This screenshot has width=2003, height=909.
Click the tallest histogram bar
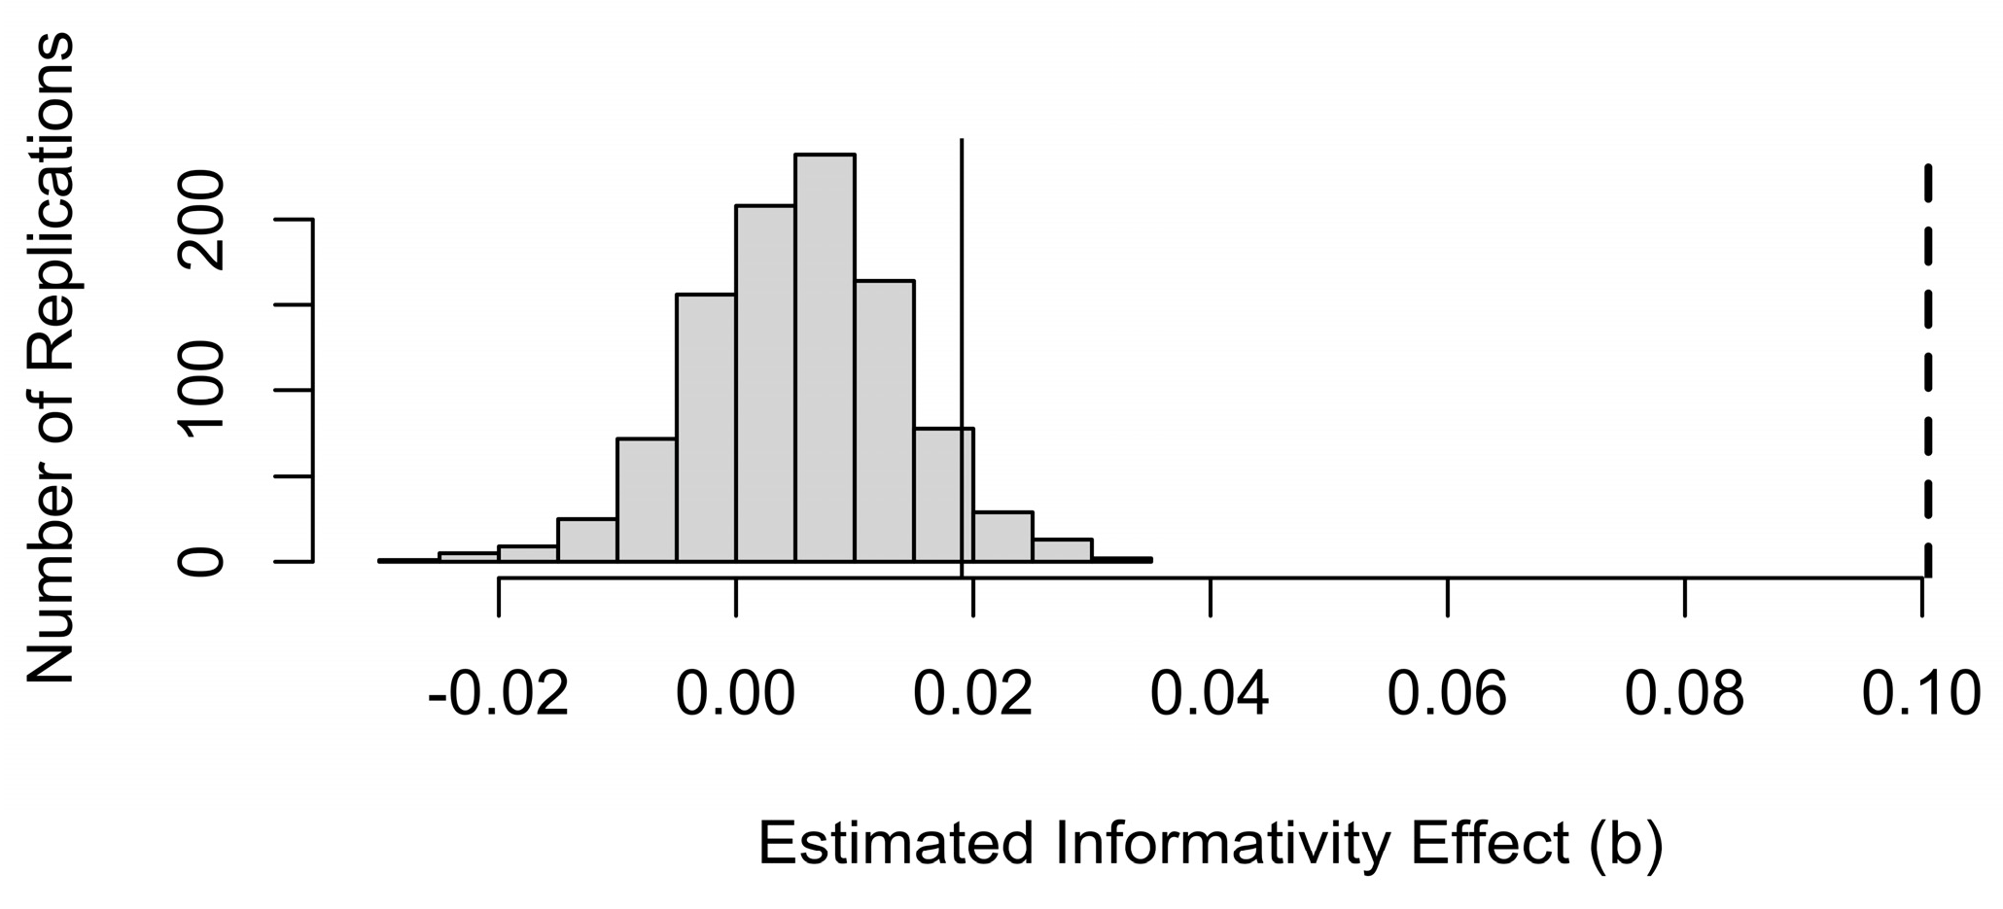point(825,360)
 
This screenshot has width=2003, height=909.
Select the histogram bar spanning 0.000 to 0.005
point(765,384)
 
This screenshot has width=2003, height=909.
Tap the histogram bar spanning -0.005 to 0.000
point(706,428)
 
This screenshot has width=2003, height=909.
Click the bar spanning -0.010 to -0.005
point(647,501)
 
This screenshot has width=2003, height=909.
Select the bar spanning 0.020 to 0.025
point(1003,537)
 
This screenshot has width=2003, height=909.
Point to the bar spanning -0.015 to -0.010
point(587,541)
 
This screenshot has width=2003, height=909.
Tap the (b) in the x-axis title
point(1626,844)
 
